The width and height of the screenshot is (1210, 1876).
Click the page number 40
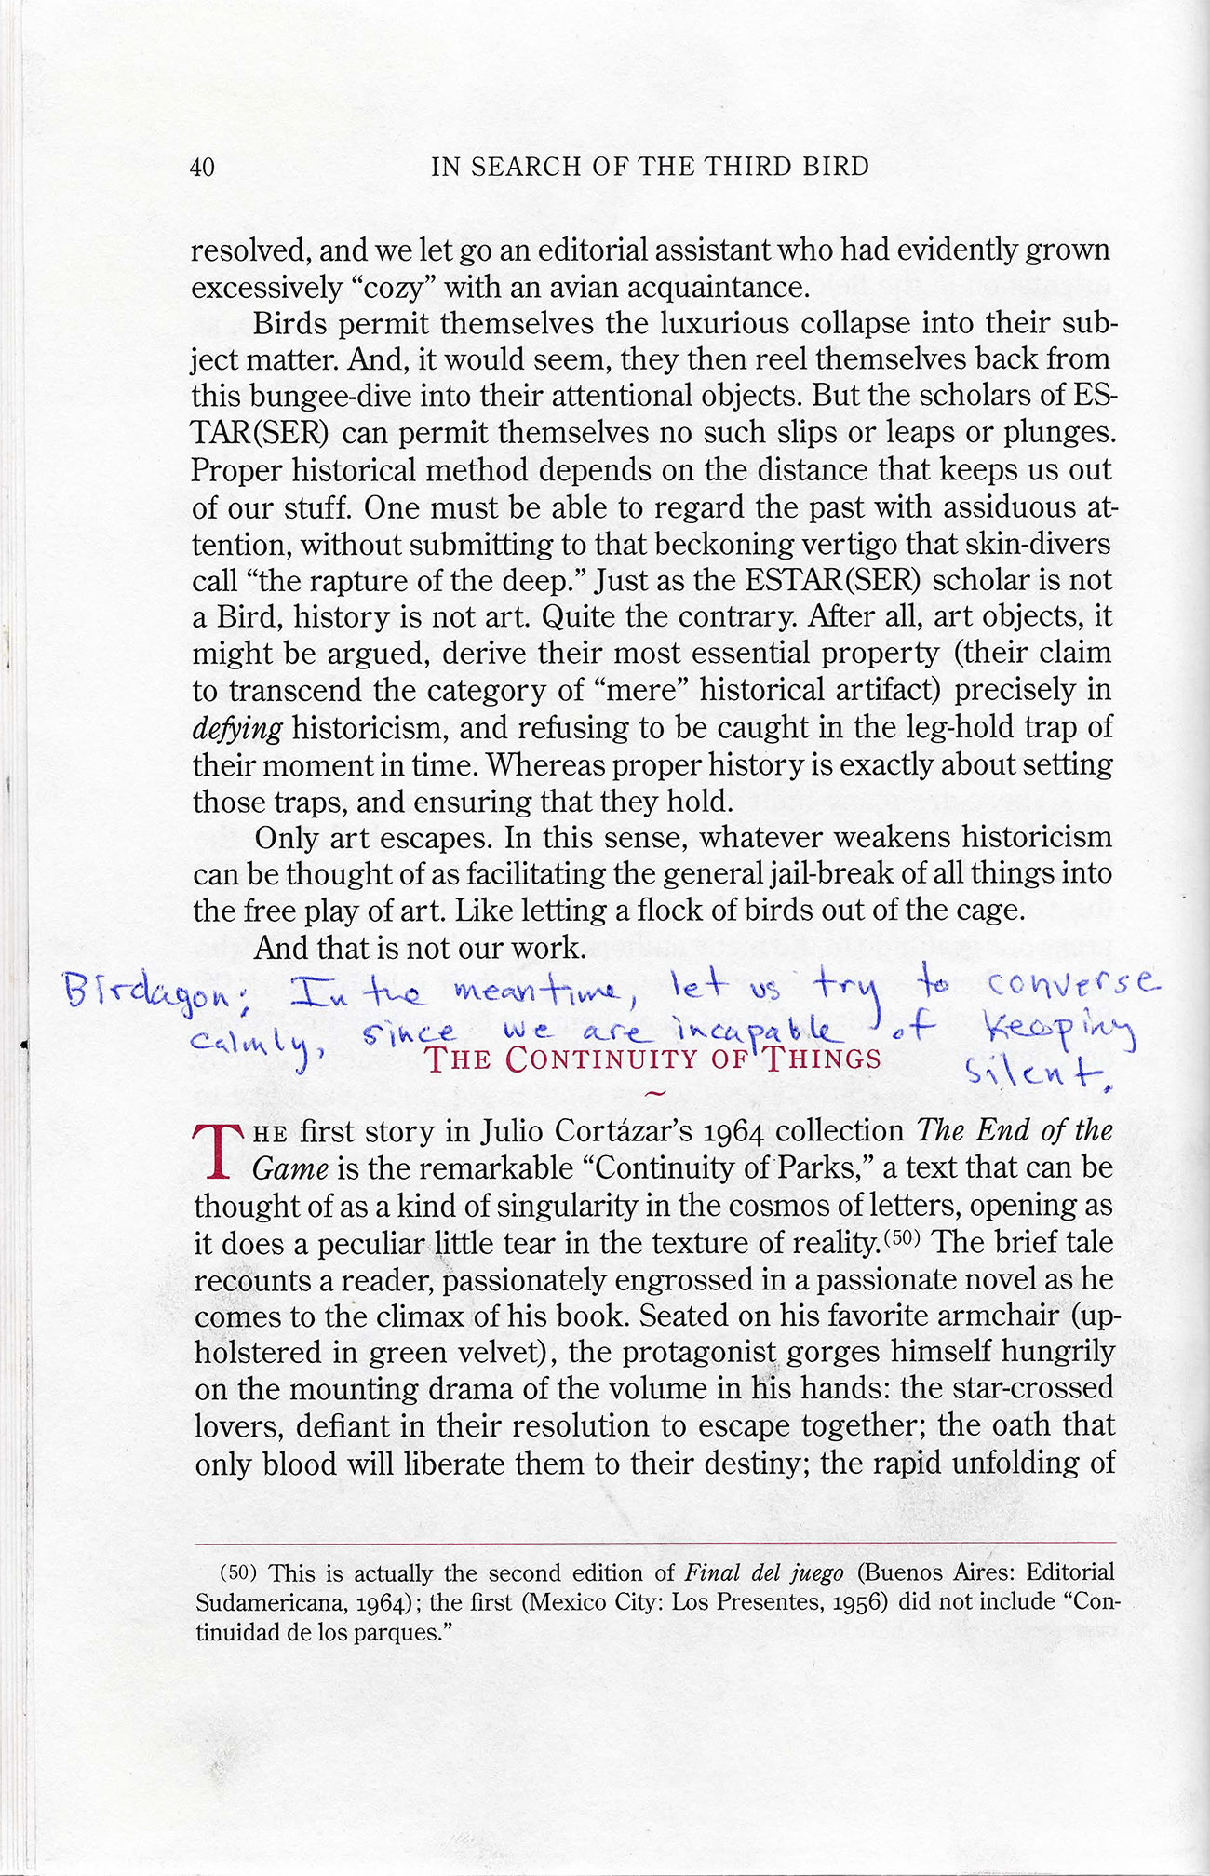(x=202, y=168)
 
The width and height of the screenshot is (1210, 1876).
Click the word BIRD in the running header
(x=838, y=167)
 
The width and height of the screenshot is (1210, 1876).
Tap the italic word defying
(x=236, y=728)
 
